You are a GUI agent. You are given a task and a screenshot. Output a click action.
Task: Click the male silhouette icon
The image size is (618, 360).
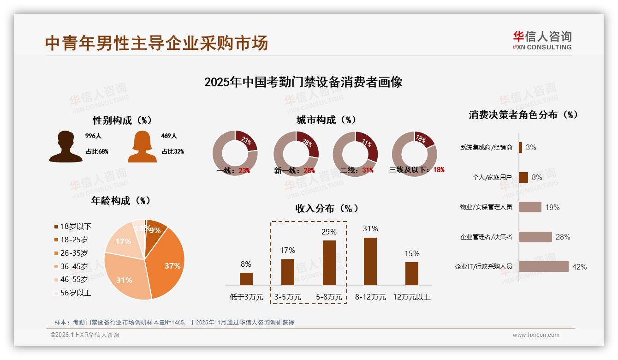(x=65, y=146)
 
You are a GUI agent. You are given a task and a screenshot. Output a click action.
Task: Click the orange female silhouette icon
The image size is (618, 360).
(x=142, y=146)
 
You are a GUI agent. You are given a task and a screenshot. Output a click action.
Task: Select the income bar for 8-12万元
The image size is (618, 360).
(x=370, y=261)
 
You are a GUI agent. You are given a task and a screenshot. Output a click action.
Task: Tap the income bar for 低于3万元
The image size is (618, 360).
(x=246, y=279)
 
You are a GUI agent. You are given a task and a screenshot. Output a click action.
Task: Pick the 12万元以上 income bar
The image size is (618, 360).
(x=412, y=273)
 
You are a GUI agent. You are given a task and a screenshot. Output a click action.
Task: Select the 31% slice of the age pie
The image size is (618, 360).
(x=124, y=277)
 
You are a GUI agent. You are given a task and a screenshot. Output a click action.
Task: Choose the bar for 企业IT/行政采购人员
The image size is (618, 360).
(x=544, y=266)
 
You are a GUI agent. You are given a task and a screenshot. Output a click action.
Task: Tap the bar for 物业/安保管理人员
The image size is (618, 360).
(x=530, y=207)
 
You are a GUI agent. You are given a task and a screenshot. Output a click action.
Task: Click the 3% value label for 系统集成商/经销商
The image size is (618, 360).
(x=531, y=147)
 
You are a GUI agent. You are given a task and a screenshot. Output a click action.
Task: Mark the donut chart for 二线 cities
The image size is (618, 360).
(x=355, y=153)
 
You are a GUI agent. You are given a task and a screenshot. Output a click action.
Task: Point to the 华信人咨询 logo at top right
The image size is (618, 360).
(x=542, y=40)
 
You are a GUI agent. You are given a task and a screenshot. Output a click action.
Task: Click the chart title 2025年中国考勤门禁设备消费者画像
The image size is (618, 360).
(x=303, y=82)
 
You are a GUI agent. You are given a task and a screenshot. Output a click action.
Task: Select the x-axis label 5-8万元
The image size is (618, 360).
(x=329, y=297)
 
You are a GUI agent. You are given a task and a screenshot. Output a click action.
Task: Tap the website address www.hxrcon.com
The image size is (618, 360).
(x=536, y=335)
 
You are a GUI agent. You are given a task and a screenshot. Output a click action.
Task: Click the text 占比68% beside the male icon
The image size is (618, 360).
(x=97, y=151)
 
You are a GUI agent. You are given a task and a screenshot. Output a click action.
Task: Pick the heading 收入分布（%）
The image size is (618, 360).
(x=327, y=208)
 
